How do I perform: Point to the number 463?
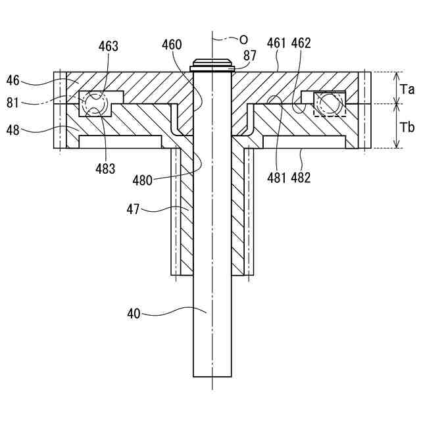pos(109,46)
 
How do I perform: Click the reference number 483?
pos(104,168)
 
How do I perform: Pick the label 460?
pos(172,46)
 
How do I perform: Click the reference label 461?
pos(277,43)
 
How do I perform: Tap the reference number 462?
pos(301,43)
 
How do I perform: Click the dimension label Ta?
pos(408,89)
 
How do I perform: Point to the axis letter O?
pos(243,39)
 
